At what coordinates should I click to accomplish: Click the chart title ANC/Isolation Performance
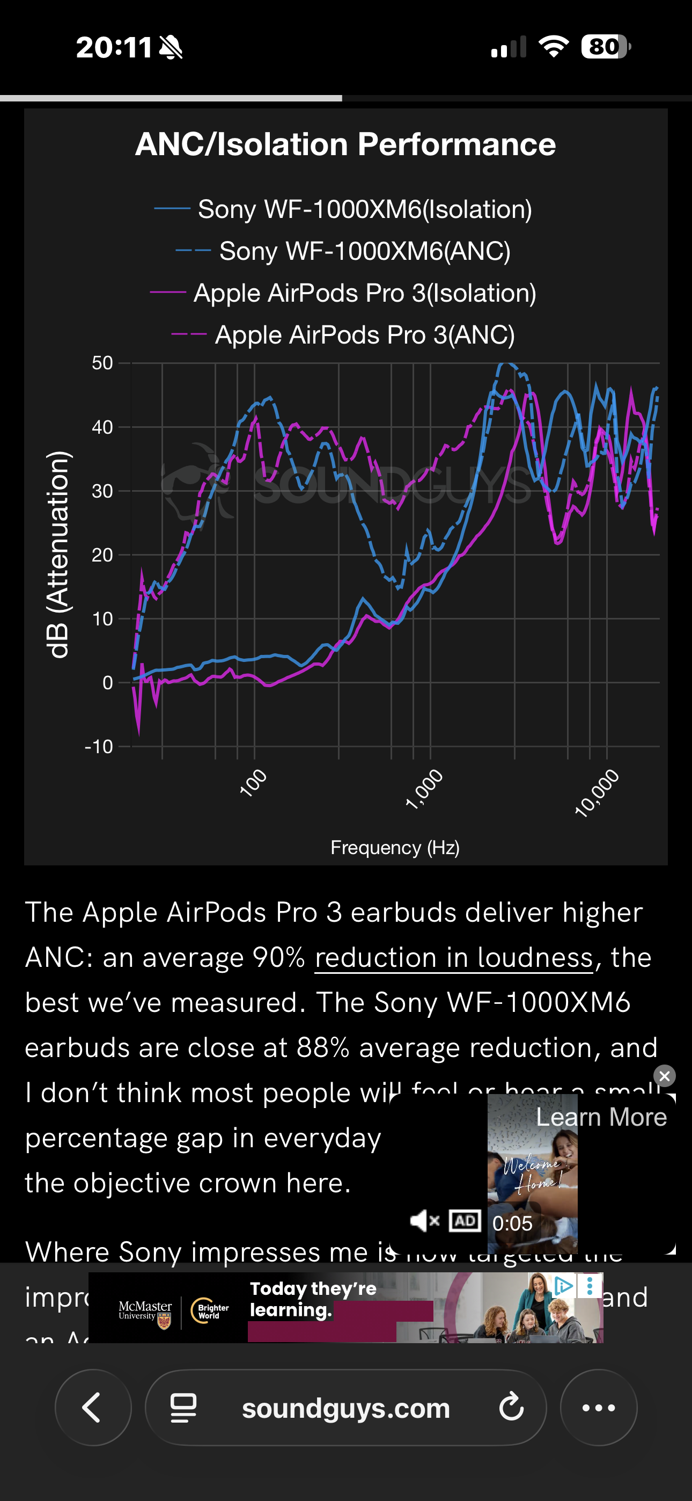pos(345,144)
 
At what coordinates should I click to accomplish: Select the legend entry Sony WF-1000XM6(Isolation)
pos(364,209)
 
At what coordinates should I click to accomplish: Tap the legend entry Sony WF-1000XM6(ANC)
pos(364,251)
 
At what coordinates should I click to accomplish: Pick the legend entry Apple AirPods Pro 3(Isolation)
pos(364,293)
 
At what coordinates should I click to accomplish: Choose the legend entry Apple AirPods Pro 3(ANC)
pos(364,335)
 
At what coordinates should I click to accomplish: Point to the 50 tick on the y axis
pos(102,363)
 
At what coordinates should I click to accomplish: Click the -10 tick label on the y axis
pos(99,746)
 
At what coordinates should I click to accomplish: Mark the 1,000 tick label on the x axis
pos(424,789)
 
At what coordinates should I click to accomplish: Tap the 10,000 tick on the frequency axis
pos(597,792)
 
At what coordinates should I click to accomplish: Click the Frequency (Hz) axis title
pos(395,847)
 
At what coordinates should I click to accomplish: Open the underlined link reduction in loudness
pos(454,957)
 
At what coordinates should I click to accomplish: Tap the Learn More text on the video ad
pos(601,1117)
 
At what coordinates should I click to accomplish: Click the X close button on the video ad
pos(664,1076)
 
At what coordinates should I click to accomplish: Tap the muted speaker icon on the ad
pos(424,1221)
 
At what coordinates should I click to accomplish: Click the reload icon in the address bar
pos(511,1407)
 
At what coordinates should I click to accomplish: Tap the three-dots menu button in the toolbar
pos(598,1407)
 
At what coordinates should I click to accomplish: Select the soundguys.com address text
pos(346,1408)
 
